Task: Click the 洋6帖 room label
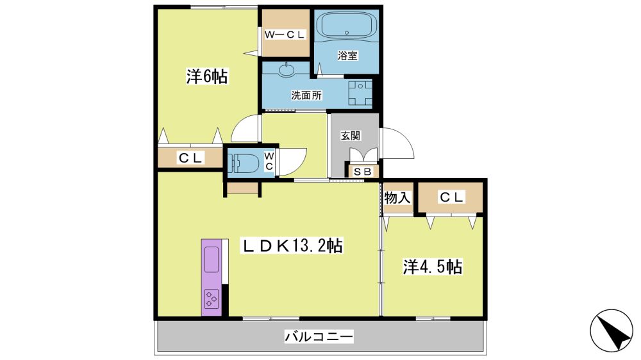pyautogui.click(x=207, y=77)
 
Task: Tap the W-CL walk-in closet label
pyautogui.click(x=285, y=35)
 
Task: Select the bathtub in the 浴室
pyautogui.click(x=346, y=26)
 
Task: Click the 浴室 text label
pyautogui.click(x=347, y=56)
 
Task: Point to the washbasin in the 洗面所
pyautogui.click(x=286, y=70)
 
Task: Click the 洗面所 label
pyautogui.click(x=306, y=95)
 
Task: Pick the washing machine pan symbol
pyautogui.click(x=360, y=93)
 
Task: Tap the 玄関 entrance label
pyautogui.click(x=351, y=136)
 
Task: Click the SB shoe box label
pyautogui.click(x=362, y=172)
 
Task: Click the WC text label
pyautogui.click(x=269, y=161)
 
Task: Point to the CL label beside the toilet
pyautogui.click(x=191, y=158)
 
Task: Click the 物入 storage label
pyautogui.click(x=397, y=198)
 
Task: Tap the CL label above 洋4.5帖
pyautogui.click(x=451, y=198)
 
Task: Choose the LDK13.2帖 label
pyautogui.click(x=292, y=246)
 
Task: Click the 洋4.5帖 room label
pyautogui.click(x=433, y=267)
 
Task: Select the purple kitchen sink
pyautogui.click(x=212, y=260)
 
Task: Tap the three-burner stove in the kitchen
pyautogui.click(x=212, y=299)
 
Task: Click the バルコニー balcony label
pyautogui.click(x=319, y=337)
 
